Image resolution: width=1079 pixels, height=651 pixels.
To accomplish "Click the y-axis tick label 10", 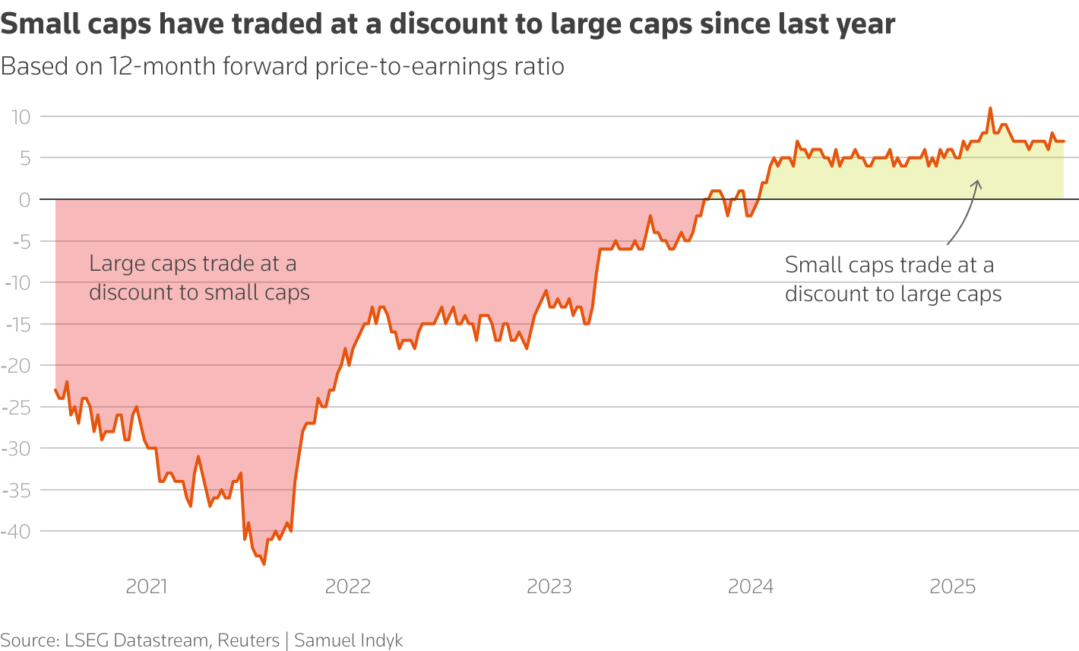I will [20, 117].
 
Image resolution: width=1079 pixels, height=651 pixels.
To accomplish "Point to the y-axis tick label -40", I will [16, 531].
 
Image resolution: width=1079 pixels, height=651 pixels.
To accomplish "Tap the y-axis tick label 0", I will [24, 200].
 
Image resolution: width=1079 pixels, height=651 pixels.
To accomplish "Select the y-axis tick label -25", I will [16, 407].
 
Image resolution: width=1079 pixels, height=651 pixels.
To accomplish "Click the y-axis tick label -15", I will [16, 324].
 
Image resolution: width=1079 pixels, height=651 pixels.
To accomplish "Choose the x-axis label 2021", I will [147, 586].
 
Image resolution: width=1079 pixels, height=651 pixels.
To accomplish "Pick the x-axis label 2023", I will [549, 586].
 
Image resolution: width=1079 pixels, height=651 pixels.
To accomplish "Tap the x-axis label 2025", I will [953, 586].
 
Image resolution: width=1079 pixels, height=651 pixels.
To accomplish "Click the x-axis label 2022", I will [348, 586].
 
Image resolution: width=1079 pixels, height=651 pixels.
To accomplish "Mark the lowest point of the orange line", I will [264, 564].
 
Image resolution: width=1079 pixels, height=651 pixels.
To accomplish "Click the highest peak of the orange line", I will [990, 108].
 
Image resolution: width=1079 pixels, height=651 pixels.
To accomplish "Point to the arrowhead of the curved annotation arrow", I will [977, 183].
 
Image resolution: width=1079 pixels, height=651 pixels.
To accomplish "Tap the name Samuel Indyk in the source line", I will [349, 640].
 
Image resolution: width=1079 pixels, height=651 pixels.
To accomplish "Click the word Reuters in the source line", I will [248, 640].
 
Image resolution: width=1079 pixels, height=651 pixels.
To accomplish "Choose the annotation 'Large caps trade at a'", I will [193, 264].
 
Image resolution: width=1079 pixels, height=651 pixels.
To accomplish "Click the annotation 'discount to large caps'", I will [893, 294].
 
